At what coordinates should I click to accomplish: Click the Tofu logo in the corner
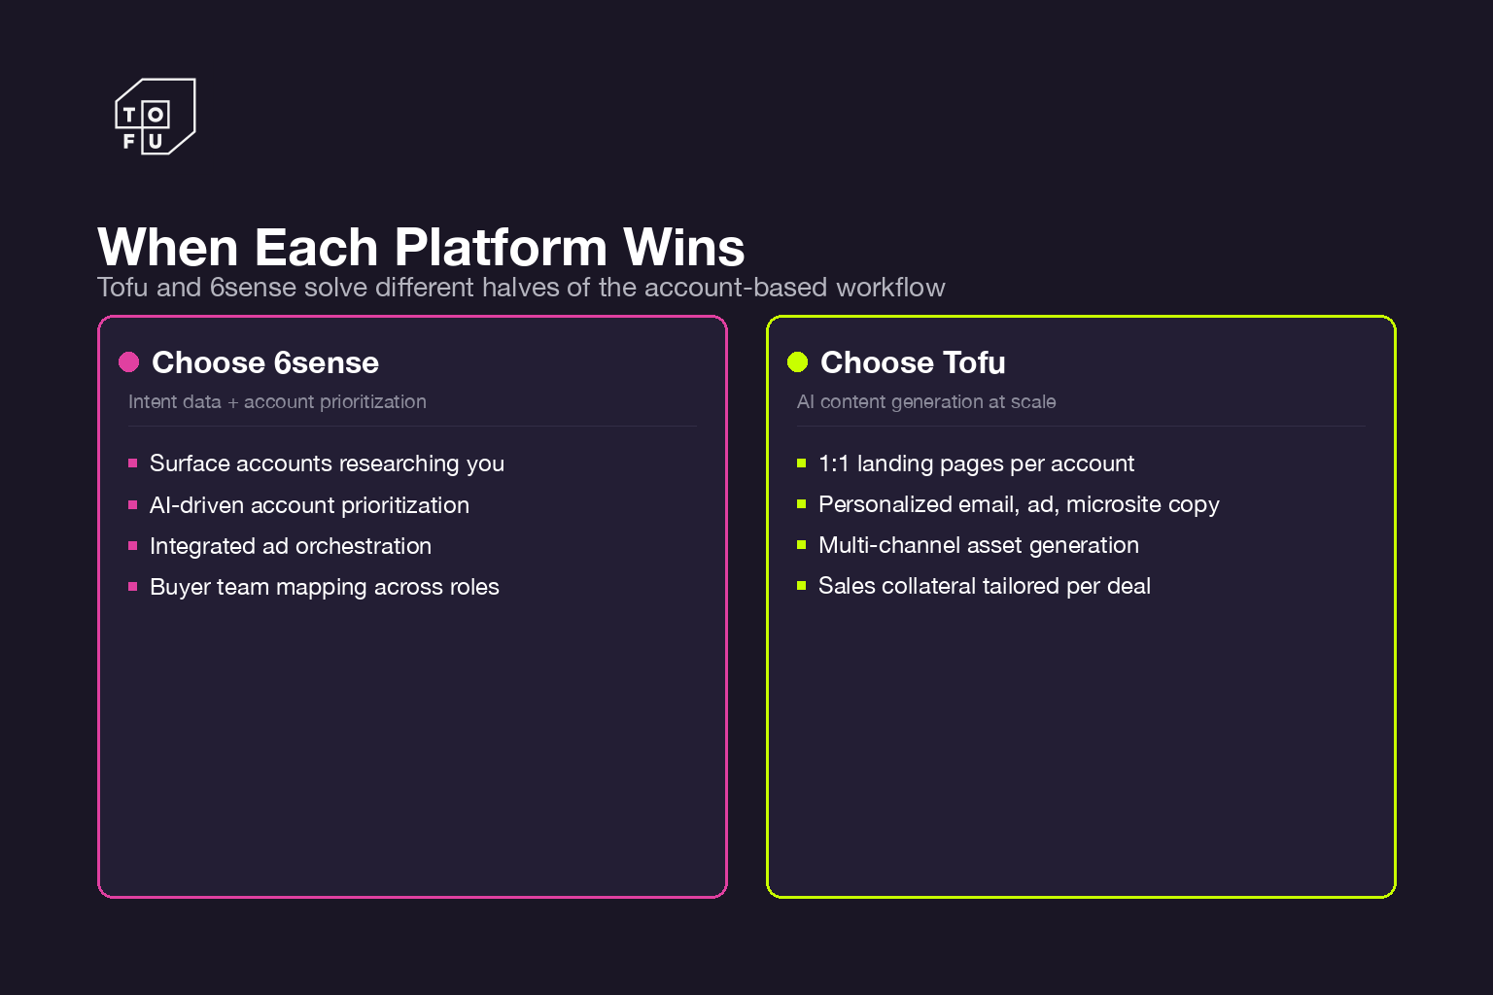(155, 117)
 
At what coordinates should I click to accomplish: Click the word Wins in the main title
(683, 248)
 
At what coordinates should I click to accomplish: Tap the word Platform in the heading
(501, 248)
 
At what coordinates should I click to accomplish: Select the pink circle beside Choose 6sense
(128, 362)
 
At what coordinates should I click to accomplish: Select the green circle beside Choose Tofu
(797, 362)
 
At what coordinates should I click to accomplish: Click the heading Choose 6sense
(264, 362)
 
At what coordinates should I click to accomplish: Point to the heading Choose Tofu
(912, 362)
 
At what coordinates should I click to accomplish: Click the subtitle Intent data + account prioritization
(277, 402)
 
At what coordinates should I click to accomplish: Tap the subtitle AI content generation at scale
(925, 402)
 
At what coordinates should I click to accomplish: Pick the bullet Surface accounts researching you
(327, 463)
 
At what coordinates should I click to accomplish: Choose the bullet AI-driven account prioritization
(309, 505)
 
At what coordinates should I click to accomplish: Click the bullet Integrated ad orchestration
(290, 546)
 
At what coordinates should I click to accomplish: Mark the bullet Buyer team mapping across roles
(324, 587)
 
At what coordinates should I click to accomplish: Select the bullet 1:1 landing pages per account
(976, 463)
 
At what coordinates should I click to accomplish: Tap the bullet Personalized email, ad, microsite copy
(1018, 504)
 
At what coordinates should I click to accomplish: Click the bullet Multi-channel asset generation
(978, 545)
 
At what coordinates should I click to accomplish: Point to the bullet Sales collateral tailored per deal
(984, 586)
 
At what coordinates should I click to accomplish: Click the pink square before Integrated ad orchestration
(133, 546)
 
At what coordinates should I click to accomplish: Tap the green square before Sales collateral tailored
(802, 586)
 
